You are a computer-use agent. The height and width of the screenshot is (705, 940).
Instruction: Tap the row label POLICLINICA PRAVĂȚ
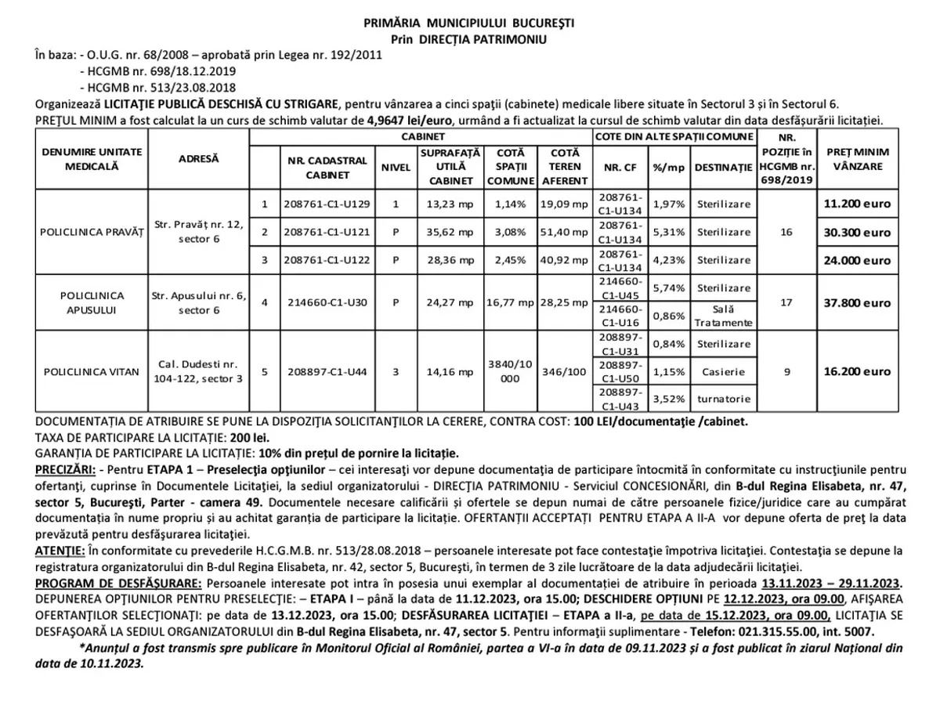coord(92,232)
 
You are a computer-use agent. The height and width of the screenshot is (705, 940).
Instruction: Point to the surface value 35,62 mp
coord(450,232)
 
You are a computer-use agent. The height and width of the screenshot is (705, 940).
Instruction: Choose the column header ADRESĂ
coord(198,158)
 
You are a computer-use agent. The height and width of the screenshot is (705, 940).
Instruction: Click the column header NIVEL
coord(396,167)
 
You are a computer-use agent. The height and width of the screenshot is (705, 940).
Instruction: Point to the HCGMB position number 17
coord(786,302)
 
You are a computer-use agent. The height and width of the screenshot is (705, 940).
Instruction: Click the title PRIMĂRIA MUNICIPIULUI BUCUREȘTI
coord(469,23)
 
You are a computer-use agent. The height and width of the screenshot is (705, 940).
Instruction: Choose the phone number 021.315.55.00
coord(804,631)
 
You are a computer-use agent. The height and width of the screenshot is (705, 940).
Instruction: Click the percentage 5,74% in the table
coord(669,288)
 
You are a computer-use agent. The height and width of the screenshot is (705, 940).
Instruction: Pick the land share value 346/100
coord(564,371)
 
